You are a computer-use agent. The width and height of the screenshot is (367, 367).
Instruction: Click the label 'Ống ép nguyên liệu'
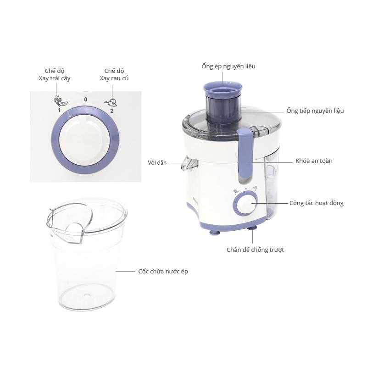(228, 67)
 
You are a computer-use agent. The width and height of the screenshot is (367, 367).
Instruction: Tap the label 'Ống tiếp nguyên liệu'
(315, 111)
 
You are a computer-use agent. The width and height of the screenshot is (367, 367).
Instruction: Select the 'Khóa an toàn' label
(314, 161)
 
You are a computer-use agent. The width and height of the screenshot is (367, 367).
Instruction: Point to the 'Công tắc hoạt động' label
(317, 203)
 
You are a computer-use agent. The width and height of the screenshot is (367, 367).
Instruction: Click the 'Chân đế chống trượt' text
(255, 250)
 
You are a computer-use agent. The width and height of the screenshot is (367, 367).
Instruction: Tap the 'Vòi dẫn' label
(157, 163)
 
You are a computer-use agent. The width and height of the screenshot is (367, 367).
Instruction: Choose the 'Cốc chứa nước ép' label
(163, 271)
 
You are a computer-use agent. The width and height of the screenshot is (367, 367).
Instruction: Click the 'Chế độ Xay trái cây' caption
(55, 75)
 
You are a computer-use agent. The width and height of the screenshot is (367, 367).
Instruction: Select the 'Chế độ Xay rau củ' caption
(114, 75)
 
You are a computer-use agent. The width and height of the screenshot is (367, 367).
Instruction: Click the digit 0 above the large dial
(86, 100)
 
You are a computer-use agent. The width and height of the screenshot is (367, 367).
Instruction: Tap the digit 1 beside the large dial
(59, 110)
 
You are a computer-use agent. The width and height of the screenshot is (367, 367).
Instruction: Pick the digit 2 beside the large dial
(111, 111)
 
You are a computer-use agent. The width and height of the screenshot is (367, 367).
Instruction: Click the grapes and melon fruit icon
(61, 101)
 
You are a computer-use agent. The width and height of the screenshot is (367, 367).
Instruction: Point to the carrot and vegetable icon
(111, 102)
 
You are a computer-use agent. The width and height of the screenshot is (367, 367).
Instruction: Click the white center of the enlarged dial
(84, 140)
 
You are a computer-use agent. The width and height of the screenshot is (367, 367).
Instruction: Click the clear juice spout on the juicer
(189, 163)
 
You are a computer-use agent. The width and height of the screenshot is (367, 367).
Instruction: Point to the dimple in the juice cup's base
(87, 295)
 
